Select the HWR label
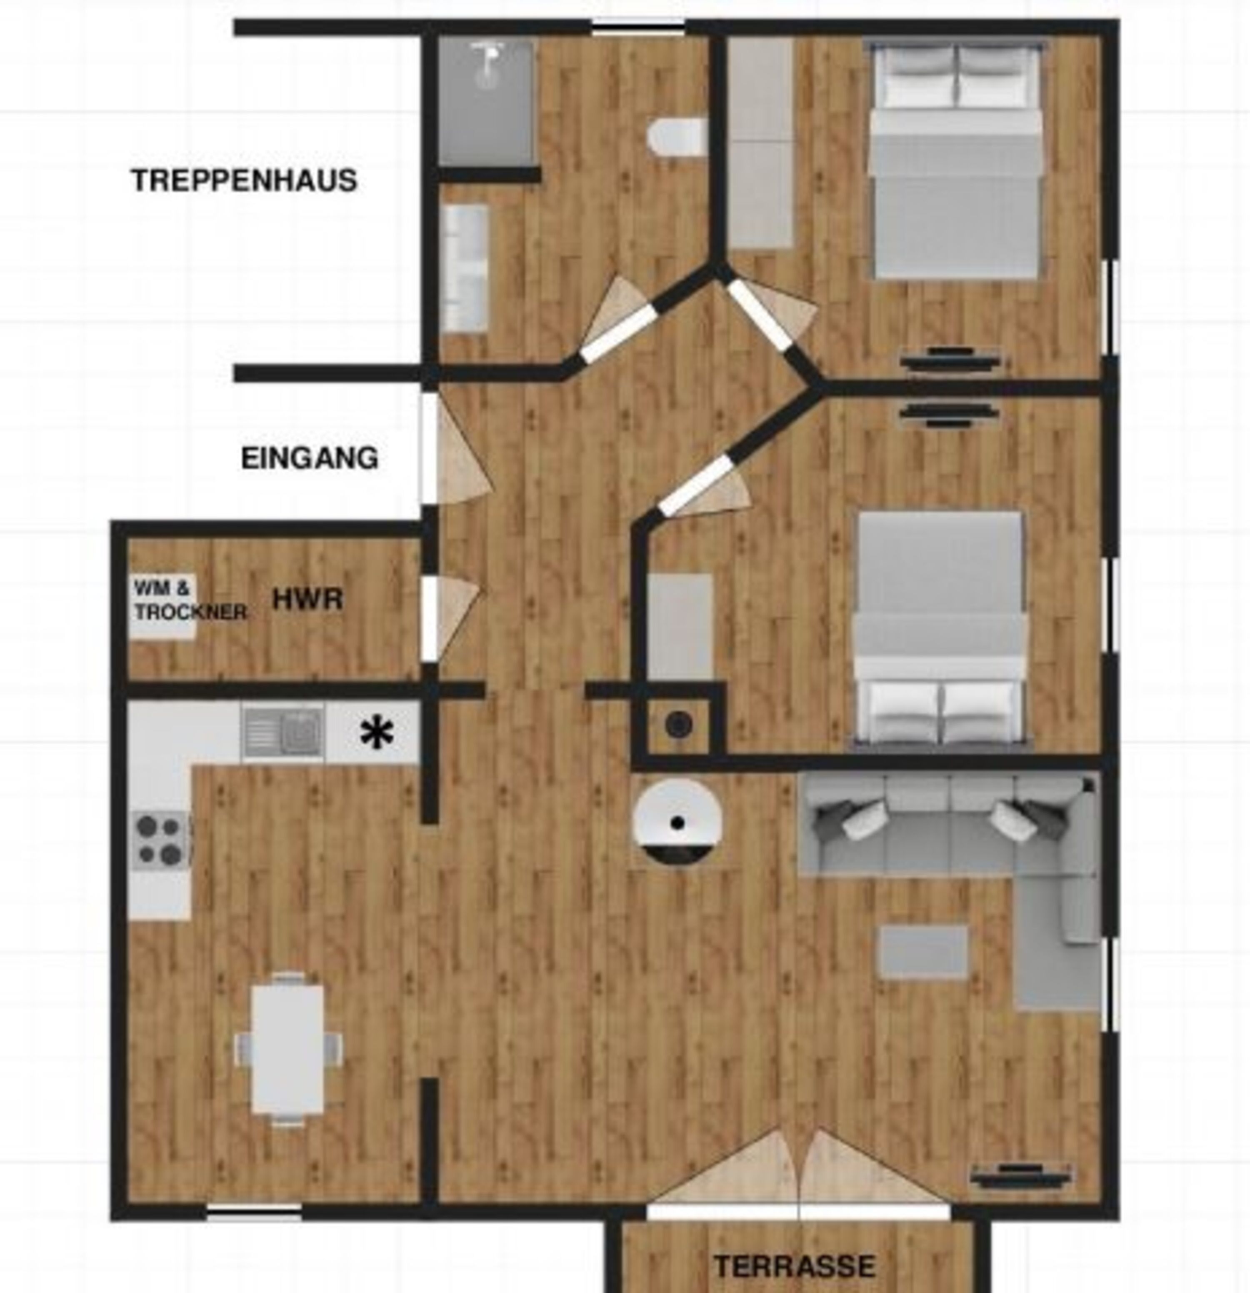(307, 600)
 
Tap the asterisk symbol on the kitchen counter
(377, 733)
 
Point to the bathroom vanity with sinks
(465, 268)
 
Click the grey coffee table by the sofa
(923, 950)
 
